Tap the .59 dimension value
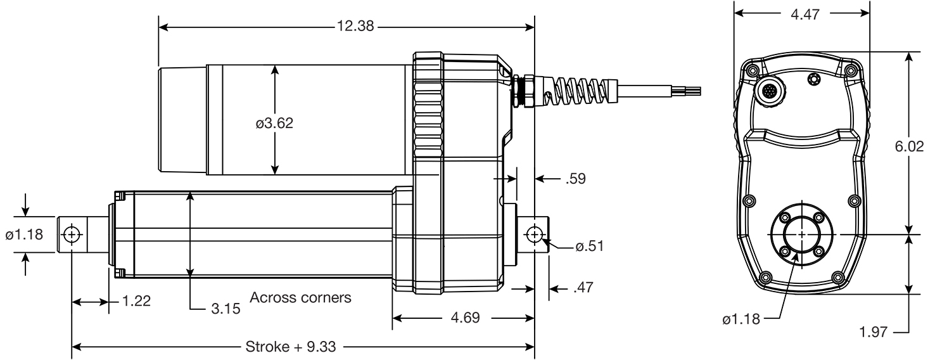point(575,179)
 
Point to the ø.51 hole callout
point(588,246)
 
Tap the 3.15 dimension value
point(226,309)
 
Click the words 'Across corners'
point(300,297)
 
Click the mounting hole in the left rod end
point(71,235)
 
